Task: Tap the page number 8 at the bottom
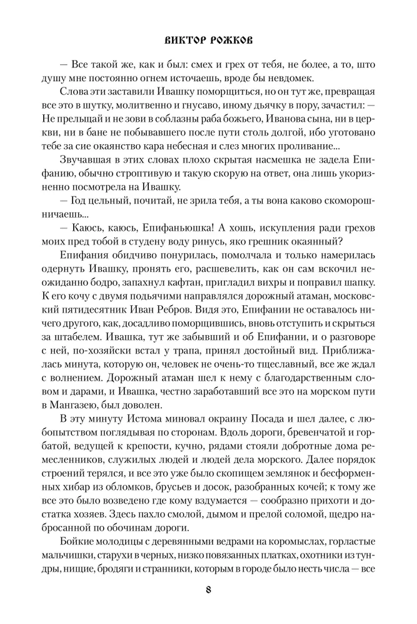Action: coord(208,588)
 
